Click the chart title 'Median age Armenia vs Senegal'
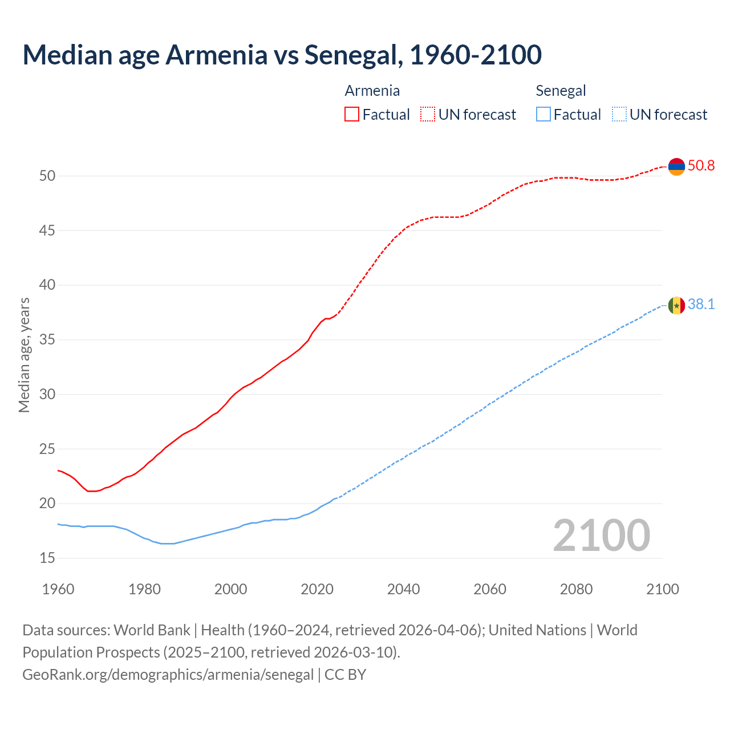pyautogui.click(x=282, y=55)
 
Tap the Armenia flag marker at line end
pyautogui.click(x=676, y=166)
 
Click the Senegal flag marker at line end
pyautogui.click(x=676, y=305)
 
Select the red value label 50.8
pyautogui.click(x=701, y=166)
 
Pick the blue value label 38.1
pyautogui.click(x=701, y=305)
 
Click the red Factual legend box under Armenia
pyautogui.click(x=352, y=115)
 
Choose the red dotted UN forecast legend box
pyautogui.click(x=428, y=115)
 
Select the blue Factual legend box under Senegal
pyautogui.click(x=544, y=115)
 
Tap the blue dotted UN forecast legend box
pyautogui.click(x=619, y=115)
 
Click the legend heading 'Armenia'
pyautogui.click(x=372, y=91)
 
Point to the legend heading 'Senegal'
pyautogui.click(x=561, y=91)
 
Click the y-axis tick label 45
pyautogui.click(x=47, y=231)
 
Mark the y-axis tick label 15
pyautogui.click(x=47, y=558)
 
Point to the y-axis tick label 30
pyautogui.click(x=47, y=394)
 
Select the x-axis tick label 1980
pyautogui.click(x=144, y=589)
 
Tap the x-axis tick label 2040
pyautogui.click(x=403, y=589)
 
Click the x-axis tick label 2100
pyautogui.click(x=662, y=589)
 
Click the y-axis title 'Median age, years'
pyautogui.click(x=24, y=355)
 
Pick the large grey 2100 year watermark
pyautogui.click(x=601, y=536)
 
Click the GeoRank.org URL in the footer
pyautogui.click(x=168, y=675)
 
